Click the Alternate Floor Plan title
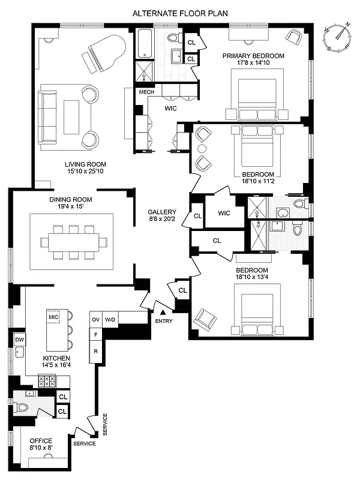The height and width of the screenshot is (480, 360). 179,12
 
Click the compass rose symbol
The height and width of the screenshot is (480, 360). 338,37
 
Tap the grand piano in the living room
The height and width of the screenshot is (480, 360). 106,50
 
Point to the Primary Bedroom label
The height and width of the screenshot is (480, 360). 253,56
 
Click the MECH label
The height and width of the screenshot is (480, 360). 146,92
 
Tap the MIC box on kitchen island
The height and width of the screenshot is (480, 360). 53,316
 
